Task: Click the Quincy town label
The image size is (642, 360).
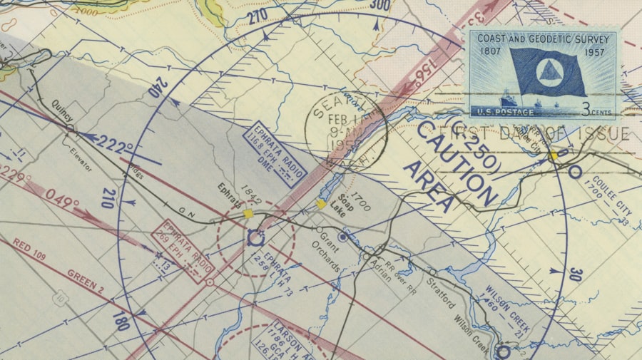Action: point(62,114)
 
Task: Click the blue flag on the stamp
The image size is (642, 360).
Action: point(548,73)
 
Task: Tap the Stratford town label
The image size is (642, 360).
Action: point(441,290)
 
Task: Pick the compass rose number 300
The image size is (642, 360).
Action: point(381,6)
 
